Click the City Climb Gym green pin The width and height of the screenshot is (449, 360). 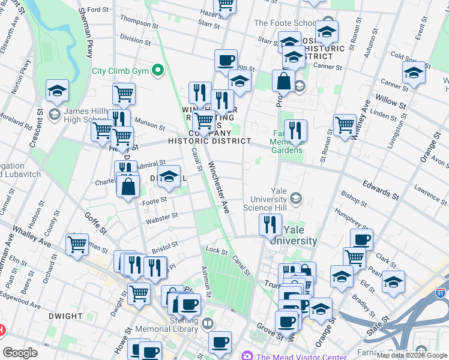point(158,71)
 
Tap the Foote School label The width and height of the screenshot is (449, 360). point(283,23)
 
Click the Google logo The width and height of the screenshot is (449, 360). point(20,353)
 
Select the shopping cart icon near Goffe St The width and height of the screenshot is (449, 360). point(77,245)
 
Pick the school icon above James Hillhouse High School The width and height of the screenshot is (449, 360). point(58,91)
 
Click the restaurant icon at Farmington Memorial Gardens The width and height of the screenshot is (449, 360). point(295,130)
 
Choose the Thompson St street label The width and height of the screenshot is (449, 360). point(139,22)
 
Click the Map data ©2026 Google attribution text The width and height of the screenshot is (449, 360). point(412,355)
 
